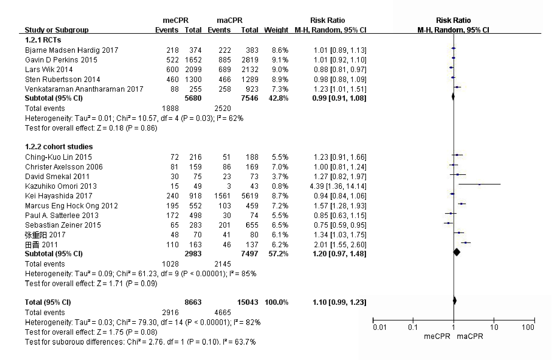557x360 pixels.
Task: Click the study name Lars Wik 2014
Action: click(x=49, y=70)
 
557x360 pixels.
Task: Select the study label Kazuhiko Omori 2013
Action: click(x=61, y=186)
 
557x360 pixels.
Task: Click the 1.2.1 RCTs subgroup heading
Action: click(x=43, y=40)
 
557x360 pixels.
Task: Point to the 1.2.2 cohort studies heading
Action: click(x=59, y=147)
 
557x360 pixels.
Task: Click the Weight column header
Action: click(x=276, y=30)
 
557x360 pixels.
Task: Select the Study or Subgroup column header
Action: click(x=57, y=30)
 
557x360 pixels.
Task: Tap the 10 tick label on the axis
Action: click(x=494, y=327)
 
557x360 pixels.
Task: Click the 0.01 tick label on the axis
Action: click(x=380, y=327)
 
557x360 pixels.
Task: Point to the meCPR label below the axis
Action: click(x=437, y=336)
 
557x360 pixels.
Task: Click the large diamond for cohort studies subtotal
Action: click(x=457, y=252)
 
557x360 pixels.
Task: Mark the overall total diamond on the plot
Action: click(x=455, y=301)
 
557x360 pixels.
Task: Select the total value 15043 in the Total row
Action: click(x=247, y=302)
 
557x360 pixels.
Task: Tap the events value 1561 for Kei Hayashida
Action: click(x=222, y=196)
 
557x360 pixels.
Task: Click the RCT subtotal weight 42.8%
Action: click(x=278, y=98)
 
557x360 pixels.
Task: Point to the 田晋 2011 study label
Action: click(x=41, y=245)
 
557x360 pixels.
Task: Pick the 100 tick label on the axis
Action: click(x=528, y=327)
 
